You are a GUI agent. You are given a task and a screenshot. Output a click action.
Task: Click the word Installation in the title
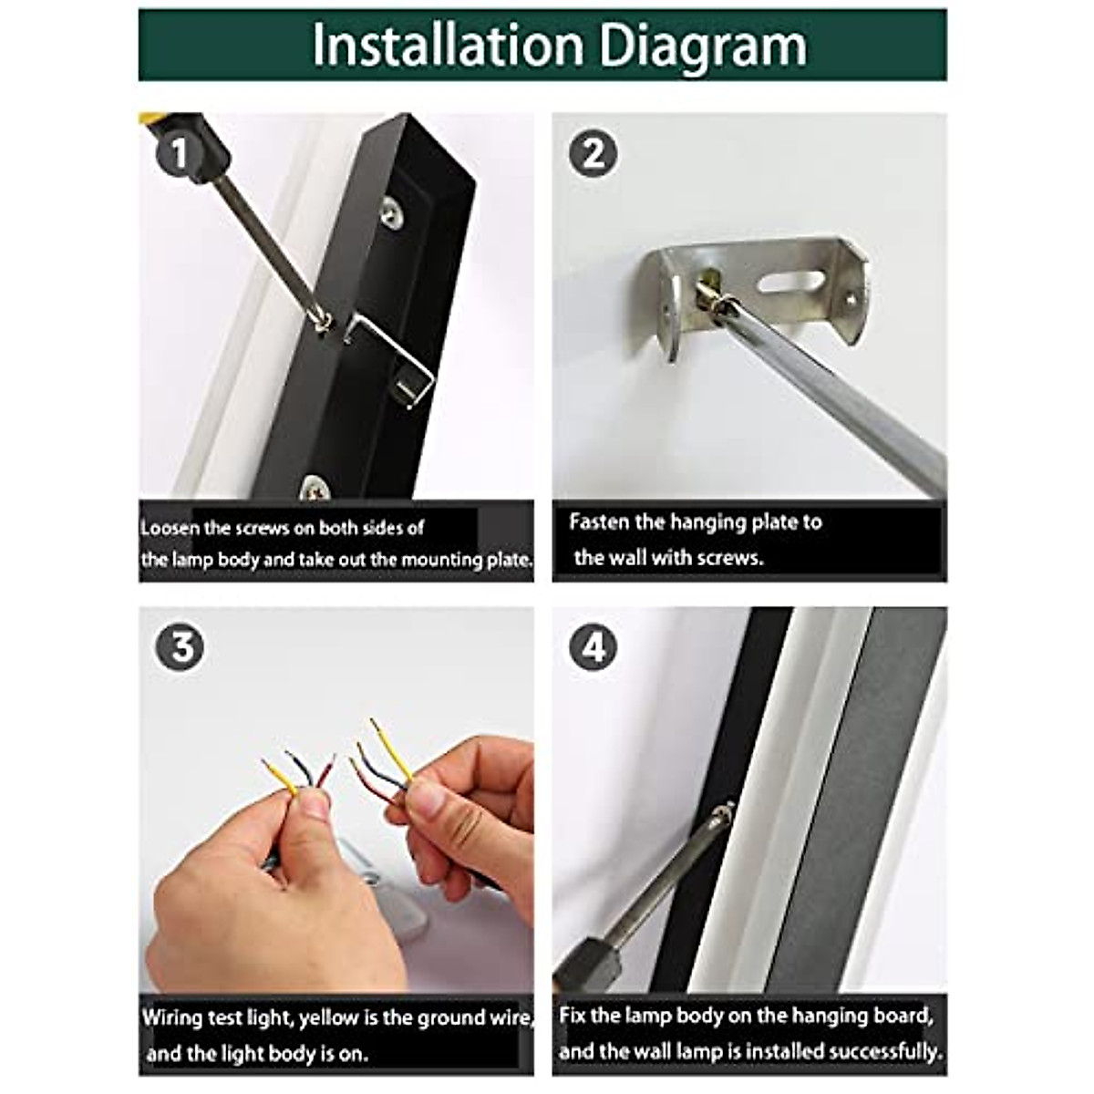pyautogui.click(x=448, y=46)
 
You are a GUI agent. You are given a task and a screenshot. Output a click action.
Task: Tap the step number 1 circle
pyautogui.click(x=180, y=154)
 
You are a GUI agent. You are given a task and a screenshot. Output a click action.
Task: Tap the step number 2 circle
pyautogui.click(x=593, y=154)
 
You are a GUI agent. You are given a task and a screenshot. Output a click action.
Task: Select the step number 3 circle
pyautogui.click(x=180, y=648)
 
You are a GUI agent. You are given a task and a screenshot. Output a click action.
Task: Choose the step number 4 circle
pyautogui.click(x=593, y=648)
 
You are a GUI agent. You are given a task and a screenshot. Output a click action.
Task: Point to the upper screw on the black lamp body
pyautogui.click(x=392, y=213)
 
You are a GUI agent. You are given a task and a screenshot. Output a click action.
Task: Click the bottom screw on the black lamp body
pyautogui.click(x=315, y=487)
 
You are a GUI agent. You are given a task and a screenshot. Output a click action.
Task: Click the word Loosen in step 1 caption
pyautogui.click(x=170, y=529)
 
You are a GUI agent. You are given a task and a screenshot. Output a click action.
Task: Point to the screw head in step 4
pyautogui.click(x=722, y=812)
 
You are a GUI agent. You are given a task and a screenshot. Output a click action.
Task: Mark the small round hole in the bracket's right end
pyautogui.click(x=850, y=297)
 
